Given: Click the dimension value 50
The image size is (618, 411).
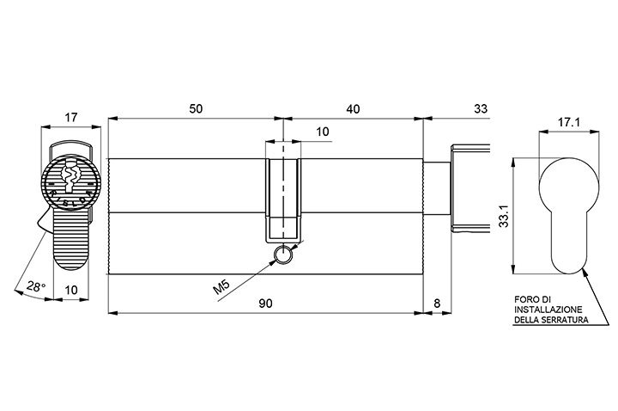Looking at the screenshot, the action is coord(196,108).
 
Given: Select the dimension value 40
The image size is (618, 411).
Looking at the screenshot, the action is coord(354,108).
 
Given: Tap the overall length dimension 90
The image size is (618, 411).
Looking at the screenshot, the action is coord(265,304).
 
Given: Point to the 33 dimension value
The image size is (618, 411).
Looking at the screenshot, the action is coord(481,108).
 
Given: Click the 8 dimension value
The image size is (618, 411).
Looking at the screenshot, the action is coord(437,304).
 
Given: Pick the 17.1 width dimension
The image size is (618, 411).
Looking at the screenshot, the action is coord(568,122).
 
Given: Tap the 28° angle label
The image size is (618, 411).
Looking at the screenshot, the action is coord(36,286).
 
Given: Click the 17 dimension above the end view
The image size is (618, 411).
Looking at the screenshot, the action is coord(71,117).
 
